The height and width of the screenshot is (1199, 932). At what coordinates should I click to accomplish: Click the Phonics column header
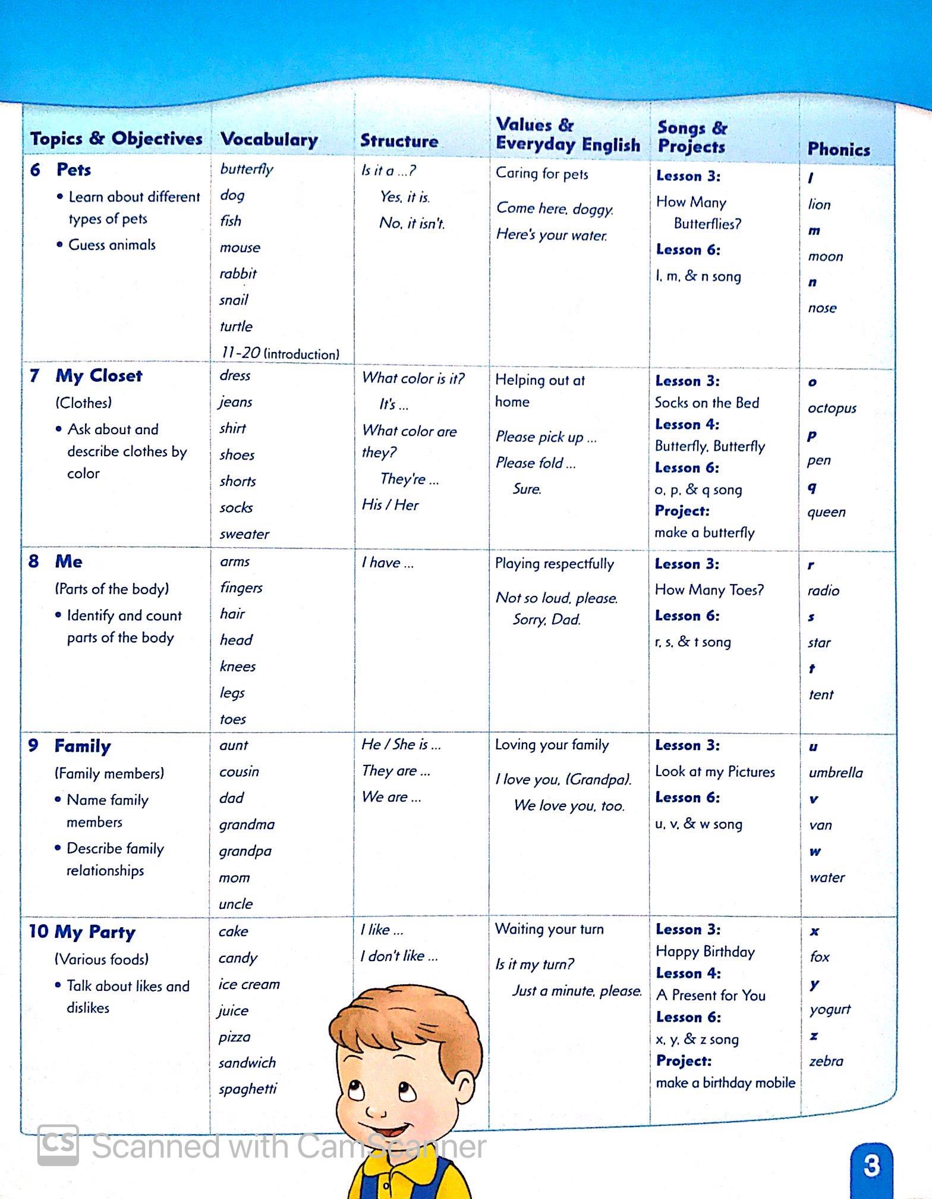[x=838, y=149]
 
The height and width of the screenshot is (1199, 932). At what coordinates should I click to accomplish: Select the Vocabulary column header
[x=269, y=140]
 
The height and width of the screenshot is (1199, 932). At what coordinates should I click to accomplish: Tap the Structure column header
[x=399, y=141]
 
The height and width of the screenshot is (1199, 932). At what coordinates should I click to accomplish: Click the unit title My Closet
[x=99, y=376]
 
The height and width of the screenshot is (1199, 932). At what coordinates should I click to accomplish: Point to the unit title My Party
[x=95, y=932]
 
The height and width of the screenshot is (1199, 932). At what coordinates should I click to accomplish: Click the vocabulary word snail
[x=234, y=300]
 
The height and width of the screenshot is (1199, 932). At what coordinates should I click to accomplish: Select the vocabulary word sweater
[x=244, y=534]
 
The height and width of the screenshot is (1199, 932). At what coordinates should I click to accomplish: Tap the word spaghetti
[x=248, y=1089]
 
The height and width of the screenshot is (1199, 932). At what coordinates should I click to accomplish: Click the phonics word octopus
[x=832, y=409]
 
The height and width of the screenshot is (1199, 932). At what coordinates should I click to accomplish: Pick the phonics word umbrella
[x=835, y=773]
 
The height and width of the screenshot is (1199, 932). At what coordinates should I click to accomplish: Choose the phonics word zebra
[x=826, y=1061]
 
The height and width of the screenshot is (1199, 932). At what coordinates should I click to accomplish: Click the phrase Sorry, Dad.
[x=547, y=620]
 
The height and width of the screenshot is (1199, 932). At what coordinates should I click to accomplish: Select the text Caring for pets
[x=541, y=174]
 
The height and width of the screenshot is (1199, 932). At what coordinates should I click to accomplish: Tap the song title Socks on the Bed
[x=707, y=403]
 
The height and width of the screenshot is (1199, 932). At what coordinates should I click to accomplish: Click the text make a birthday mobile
[x=725, y=1082]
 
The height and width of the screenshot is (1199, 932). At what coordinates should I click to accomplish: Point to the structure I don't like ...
[x=399, y=956]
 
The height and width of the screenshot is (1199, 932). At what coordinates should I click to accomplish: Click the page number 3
[x=871, y=1165]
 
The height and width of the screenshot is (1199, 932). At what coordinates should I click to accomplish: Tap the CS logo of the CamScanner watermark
[x=58, y=1145]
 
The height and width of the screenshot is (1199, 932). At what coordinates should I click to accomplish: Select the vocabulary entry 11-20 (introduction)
[x=279, y=353]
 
